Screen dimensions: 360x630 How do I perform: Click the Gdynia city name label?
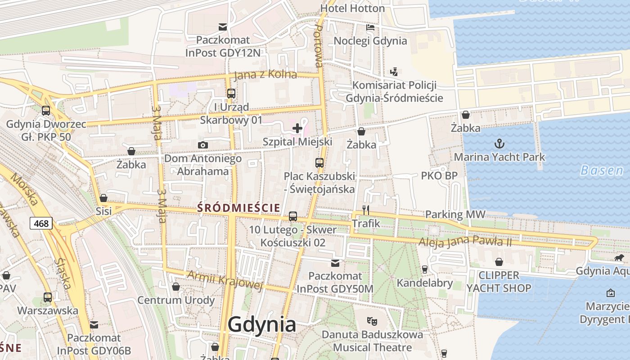(x=262, y=324)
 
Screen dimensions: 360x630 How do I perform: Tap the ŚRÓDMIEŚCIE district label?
(x=238, y=207)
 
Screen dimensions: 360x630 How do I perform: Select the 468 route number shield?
(x=41, y=223)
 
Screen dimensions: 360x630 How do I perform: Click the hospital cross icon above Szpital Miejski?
(x=297, y=128)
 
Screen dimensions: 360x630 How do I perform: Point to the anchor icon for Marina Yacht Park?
(x=499, y=144)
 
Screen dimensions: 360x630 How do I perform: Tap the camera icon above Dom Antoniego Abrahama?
(x=203, y=145)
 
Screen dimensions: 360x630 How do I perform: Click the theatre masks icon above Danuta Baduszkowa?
(x=372, y=321)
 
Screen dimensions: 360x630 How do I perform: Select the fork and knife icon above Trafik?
(x=365, y=210)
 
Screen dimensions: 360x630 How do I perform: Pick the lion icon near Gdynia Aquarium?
(x=619, y=258)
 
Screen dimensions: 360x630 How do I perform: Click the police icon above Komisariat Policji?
(x=394, y=72)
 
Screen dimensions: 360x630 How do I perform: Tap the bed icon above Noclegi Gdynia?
(x=370, y=27)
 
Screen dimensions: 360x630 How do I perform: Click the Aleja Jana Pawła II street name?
(x=465, y=242)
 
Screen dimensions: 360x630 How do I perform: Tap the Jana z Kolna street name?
(x=265, y=75)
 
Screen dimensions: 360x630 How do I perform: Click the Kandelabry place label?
(x=424, y=283)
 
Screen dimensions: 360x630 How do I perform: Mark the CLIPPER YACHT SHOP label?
(x=499, y=282)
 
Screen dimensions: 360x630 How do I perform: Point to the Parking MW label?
(x=455, y=214)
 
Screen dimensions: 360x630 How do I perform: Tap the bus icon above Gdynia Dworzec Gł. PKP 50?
(x=45, y=110)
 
